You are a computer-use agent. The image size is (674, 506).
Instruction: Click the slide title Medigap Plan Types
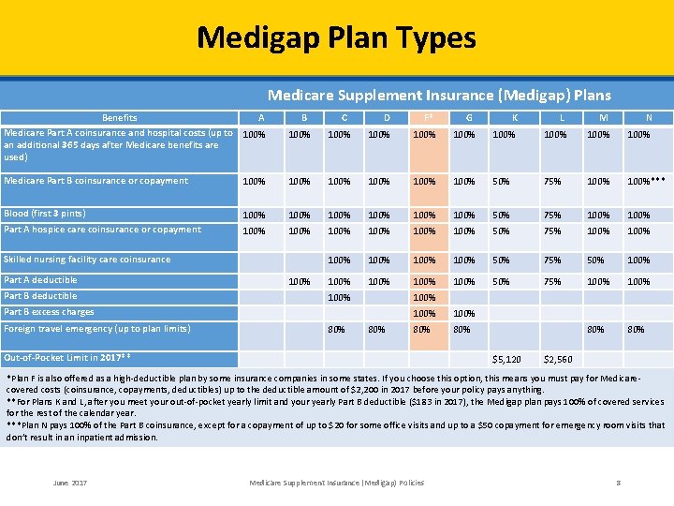click(x=336, y=37)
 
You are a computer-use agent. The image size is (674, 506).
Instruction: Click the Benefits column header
click(x=119, y=118)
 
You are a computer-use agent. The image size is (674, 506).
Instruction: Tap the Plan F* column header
click(x=425, y=118)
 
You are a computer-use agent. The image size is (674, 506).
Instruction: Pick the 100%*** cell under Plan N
click(x=647, y=181)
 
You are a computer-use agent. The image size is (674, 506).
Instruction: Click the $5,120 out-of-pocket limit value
click(x=506, y=359)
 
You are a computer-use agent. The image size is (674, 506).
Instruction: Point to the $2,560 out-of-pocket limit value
click(x=558, y=359)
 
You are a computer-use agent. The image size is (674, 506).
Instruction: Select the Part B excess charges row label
click(x=49, y=312)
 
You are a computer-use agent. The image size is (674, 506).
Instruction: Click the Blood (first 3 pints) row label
click(x=45, y=214)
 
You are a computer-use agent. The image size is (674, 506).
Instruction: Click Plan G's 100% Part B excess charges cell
click(x=462, y=313)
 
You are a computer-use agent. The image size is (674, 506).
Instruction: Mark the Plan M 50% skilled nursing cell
click(x=595, y=260)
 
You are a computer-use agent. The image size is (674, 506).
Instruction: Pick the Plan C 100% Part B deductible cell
click(x=339, y=297)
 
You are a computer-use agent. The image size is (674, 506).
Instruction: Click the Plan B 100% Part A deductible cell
click(x=300, y=281)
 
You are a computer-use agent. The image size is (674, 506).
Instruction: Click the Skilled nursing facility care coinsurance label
click(x=87, y=260)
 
